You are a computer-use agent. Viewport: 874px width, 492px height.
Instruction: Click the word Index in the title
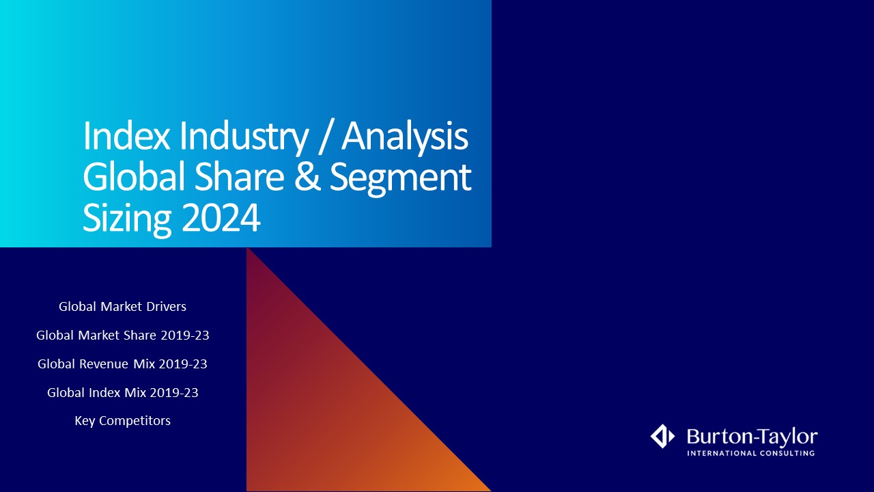(126, 136)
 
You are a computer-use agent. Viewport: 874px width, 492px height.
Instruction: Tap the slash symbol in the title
(326, 137)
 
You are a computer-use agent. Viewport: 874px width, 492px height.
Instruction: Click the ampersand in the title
(307, 177)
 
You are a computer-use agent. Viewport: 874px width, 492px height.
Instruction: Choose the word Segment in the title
(400, 180)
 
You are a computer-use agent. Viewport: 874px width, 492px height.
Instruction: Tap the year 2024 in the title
(221, 217)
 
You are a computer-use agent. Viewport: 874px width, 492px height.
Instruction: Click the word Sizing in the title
(127, 220)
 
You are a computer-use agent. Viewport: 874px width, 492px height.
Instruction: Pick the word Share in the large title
(239, 177)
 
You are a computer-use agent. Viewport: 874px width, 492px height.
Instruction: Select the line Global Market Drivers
(122, 307)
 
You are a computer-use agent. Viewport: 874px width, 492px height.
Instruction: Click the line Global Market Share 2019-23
(122, 335)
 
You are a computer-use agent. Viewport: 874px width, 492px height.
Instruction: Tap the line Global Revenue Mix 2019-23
(122, 364)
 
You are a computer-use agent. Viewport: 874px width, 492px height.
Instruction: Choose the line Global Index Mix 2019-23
(122, 392)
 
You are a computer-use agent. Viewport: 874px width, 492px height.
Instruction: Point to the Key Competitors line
(122, 421)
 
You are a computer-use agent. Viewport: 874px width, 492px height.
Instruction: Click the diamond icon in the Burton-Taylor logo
(662, 436)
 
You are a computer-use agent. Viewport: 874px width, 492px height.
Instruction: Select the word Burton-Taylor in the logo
(752, 437)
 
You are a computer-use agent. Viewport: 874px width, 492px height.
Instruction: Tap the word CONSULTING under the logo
(787, 453)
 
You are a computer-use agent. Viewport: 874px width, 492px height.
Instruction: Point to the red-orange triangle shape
(328, 410)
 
